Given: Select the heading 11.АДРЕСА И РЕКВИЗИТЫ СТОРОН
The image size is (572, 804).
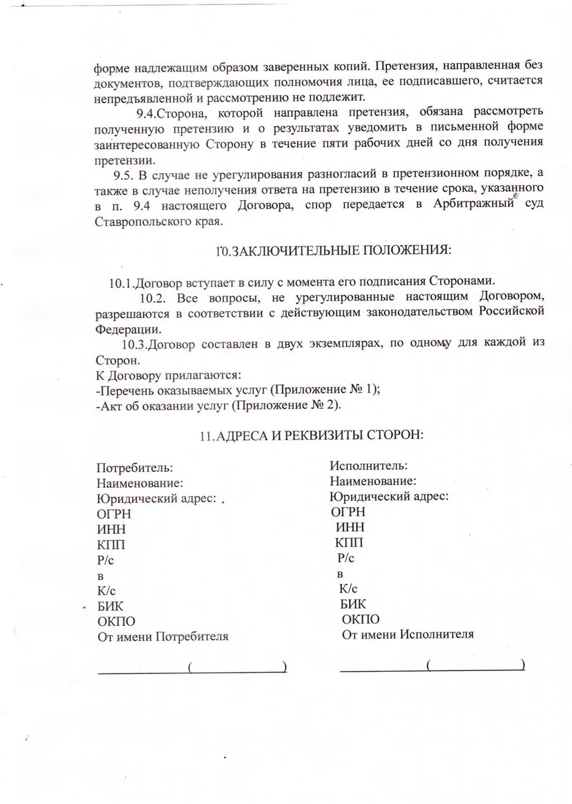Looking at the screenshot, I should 311,435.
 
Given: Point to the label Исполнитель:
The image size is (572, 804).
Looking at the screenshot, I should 368,466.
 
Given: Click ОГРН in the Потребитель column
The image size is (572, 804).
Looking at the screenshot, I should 114,513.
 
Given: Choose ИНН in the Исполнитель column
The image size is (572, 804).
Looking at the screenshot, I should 350,528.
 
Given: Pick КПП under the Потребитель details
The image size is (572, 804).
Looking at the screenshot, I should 111,545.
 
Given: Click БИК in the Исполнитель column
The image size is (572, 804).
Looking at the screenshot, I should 352,604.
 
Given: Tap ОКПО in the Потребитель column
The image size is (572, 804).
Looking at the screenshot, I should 116,621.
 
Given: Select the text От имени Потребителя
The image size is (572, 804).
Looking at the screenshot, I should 163,636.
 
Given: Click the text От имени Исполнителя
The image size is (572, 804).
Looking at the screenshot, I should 408,634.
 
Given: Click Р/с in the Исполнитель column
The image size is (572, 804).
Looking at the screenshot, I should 346,558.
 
